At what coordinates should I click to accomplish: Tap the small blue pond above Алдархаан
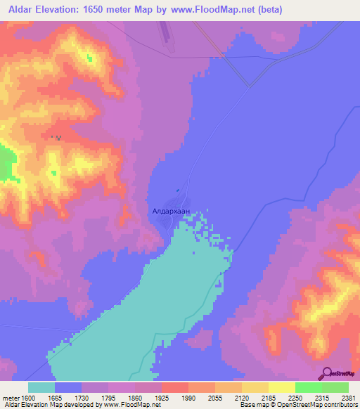point(177,190)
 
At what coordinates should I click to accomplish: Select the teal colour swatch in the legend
point(41,387)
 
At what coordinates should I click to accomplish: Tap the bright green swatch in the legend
point(308,387)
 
